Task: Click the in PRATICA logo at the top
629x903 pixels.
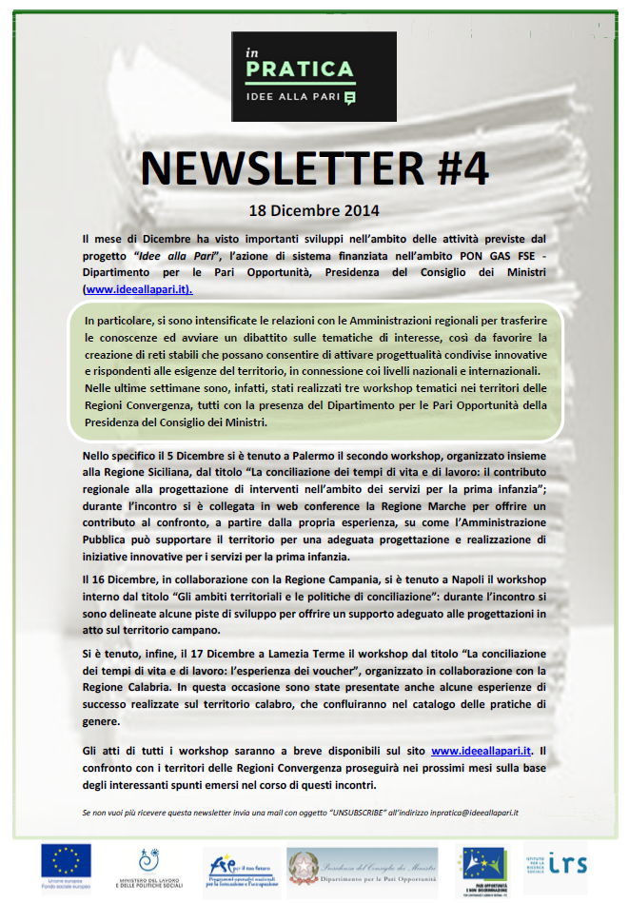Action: coord(314,75)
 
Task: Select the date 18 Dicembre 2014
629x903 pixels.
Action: coord(314,209)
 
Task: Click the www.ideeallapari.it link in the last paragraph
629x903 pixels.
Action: coord(481,751)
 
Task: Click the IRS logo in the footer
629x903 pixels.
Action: coord(568,865)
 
